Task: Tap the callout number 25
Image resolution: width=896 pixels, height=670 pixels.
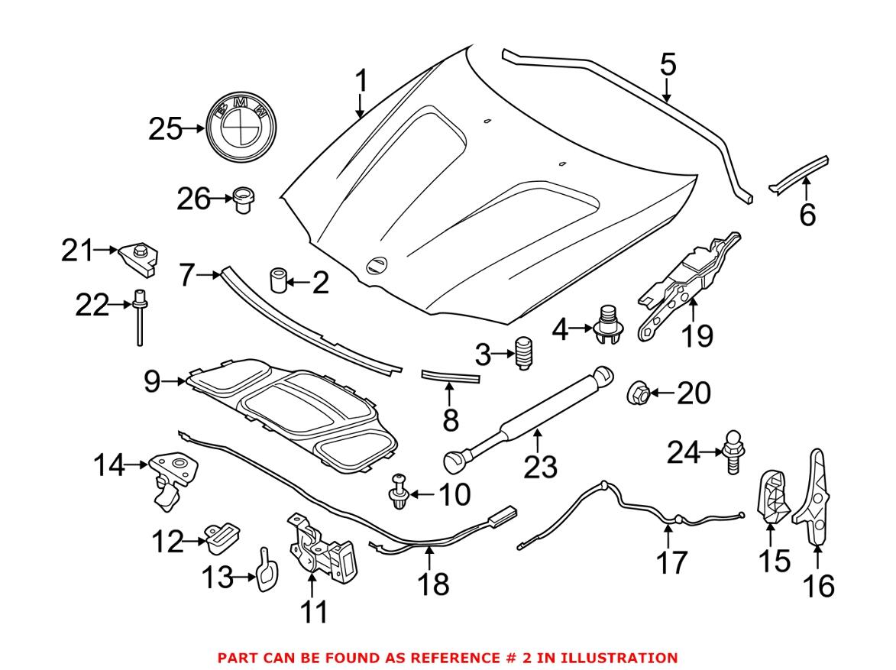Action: [165, 130]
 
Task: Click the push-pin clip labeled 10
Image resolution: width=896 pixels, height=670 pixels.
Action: [399, 490]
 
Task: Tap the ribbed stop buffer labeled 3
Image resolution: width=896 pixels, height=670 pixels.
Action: [524, 353]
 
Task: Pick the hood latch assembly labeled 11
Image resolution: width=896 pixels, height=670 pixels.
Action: [321, 550]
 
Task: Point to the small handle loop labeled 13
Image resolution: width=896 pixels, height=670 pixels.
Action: [264, 570]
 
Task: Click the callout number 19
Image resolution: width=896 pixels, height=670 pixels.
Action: [697, 335]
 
